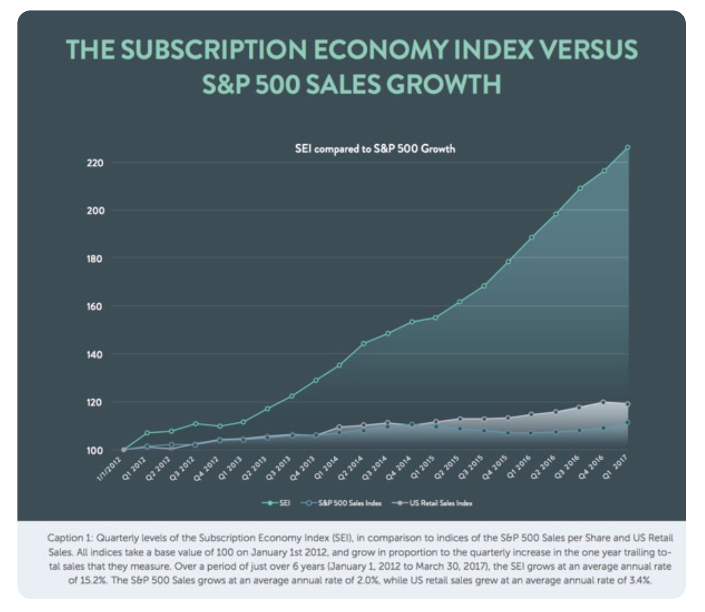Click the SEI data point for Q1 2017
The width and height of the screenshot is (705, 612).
(627, 147)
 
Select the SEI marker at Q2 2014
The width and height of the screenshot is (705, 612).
(364, 343)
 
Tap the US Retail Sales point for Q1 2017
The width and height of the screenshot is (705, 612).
(627, 404)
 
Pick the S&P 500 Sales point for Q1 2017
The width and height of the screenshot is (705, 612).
(627, 422)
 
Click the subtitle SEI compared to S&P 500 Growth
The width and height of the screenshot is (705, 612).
(375, 149)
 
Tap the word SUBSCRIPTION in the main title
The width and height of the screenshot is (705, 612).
(214, 50)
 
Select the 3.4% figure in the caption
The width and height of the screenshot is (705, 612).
(641, 581)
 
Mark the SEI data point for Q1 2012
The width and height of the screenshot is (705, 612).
(147, 433)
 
